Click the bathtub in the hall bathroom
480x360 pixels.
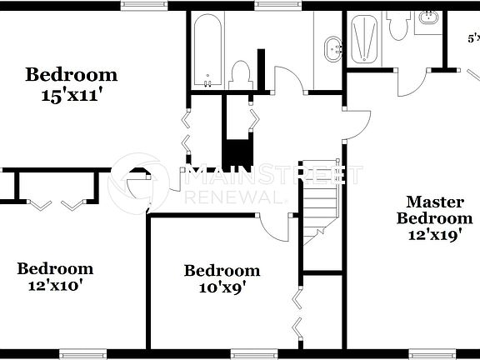pyautogui.click(x=207, y=52)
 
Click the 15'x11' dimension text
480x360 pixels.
pyautogui.click(x=71, y=95)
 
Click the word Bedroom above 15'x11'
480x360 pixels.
pyautogui.click(x=71, y=75)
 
